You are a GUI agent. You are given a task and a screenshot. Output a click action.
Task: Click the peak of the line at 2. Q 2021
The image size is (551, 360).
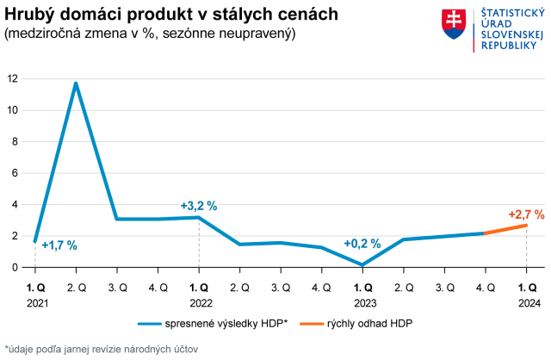[76, 84]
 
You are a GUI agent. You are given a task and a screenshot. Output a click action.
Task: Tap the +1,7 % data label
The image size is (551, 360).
[59, 245]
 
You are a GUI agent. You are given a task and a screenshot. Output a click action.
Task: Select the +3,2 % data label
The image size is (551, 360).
[198, 206]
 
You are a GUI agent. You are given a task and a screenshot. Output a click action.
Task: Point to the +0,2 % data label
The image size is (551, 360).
[362, 244]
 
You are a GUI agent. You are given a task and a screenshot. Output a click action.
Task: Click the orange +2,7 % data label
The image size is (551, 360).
[526, 214]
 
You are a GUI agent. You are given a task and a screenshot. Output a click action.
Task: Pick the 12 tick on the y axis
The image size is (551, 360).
[12, 78]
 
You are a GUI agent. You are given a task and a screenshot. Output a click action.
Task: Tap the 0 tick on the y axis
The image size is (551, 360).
[15, 267]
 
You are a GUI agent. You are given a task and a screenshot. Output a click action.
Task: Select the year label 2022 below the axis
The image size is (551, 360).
[200, 303]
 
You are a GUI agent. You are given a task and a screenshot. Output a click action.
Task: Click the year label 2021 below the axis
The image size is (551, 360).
[36, 303]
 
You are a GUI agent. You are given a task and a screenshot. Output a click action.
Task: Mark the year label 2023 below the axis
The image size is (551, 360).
[363, 303]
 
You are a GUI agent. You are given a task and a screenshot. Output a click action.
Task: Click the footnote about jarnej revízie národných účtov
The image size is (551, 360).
[101, 349]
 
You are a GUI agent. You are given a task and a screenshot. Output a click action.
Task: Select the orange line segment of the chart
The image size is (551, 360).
[505, 229]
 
